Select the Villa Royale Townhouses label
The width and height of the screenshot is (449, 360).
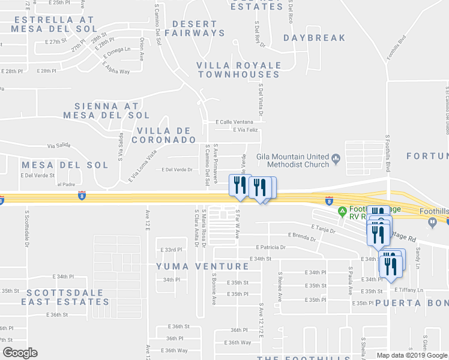tap(239, 70)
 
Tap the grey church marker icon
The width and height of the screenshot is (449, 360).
tap(336, 160)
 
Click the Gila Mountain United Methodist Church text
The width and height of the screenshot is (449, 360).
tap(292, 160)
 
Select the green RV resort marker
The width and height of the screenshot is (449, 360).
tap(342, 211)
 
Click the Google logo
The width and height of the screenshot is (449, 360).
tap(19, 352)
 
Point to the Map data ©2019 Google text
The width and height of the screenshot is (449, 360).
tap(412, 355)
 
